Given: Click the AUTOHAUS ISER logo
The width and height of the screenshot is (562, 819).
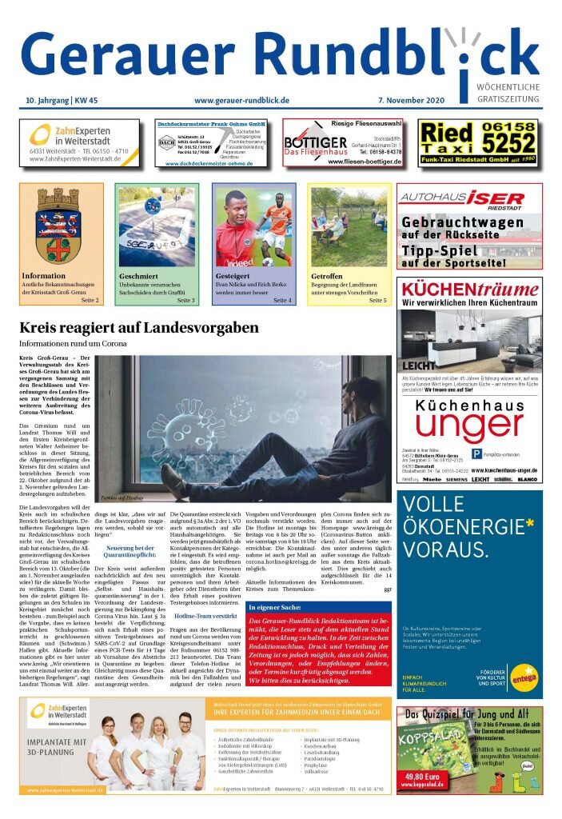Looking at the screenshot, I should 468,198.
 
